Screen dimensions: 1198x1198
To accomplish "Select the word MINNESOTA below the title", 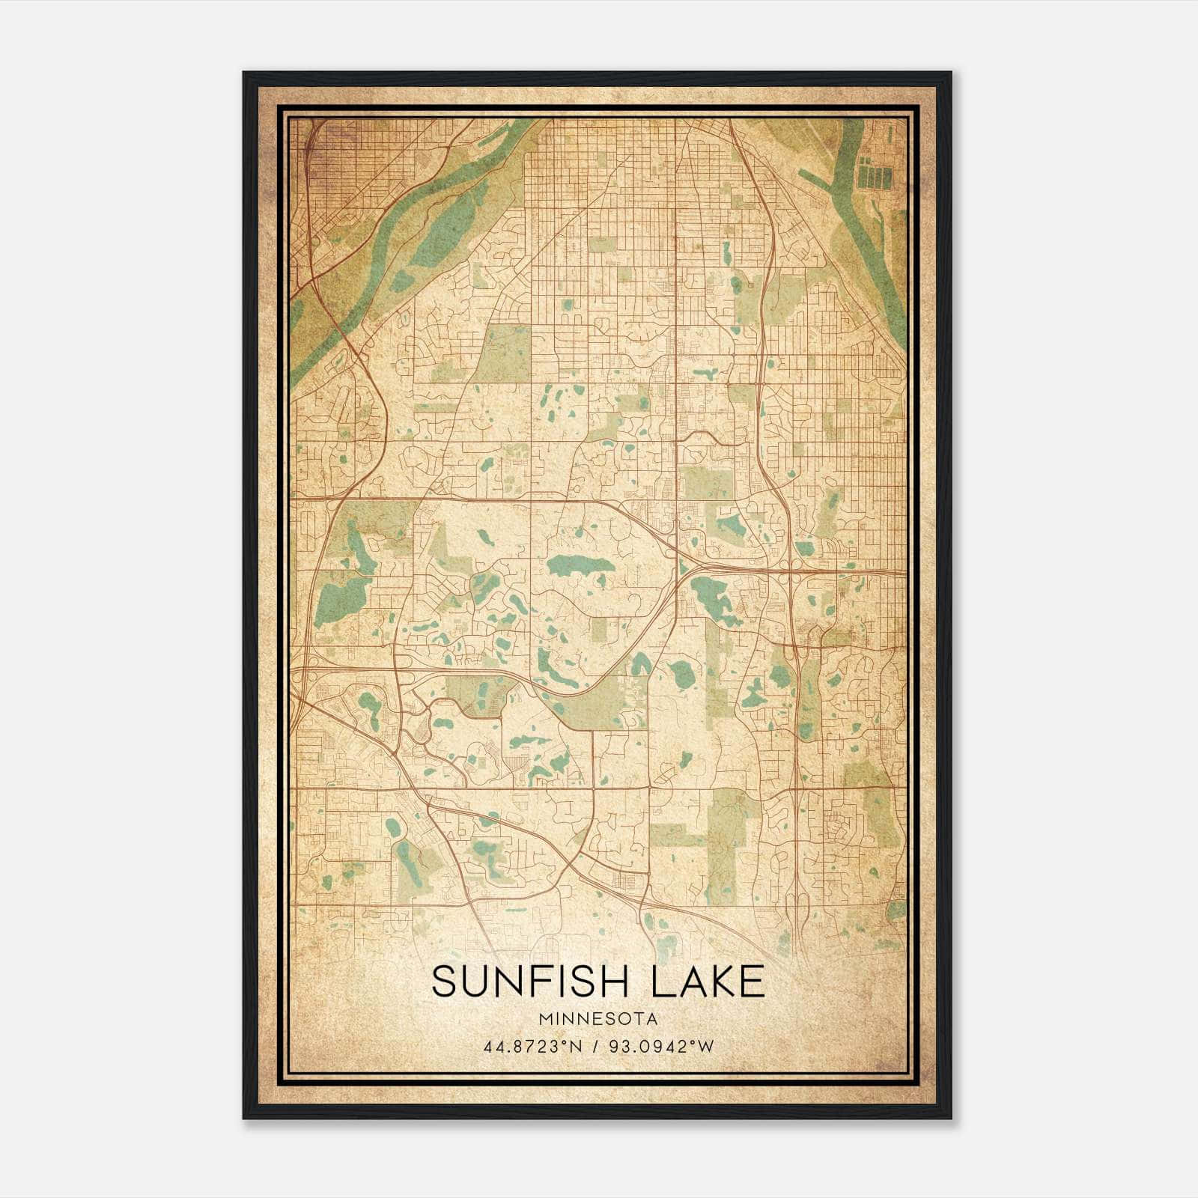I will coord(598,1019).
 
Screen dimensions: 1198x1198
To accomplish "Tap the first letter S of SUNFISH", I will coord(445,982).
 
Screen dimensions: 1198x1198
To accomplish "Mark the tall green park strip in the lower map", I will coord(723,846).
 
